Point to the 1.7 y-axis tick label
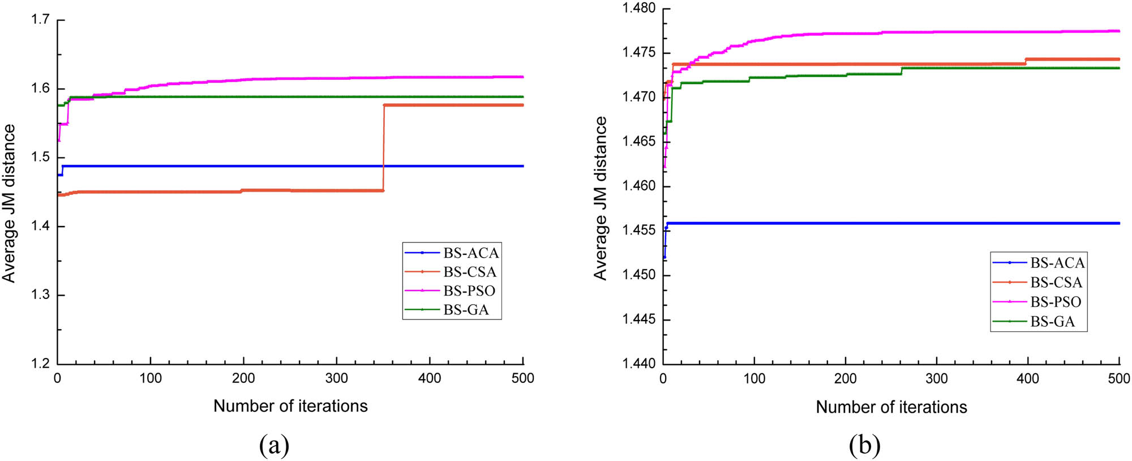click(40, 20)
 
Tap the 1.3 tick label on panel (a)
click(40, 295)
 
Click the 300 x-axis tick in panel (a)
click(337, 378)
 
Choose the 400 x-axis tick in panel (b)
click(1028, 379)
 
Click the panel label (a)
click(274, 445)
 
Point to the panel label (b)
click(864, 445)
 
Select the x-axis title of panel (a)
click(290, 406)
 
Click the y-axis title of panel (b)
click(600, 198)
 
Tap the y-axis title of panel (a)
click(9, 204)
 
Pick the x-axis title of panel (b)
click(891, 407)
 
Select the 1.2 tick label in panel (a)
click(40, 364)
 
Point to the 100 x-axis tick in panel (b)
click(754, 379)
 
